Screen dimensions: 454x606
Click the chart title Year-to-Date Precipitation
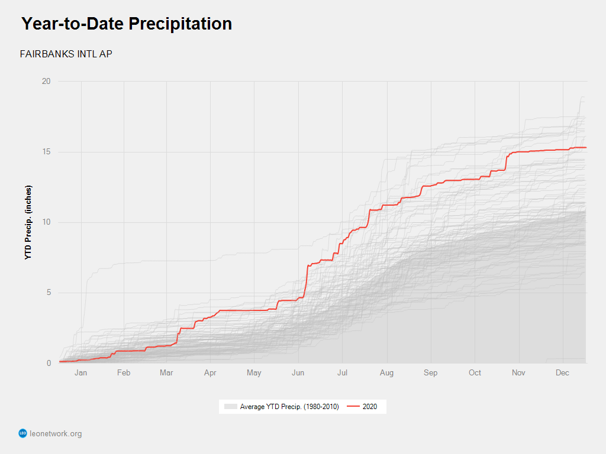pyautogui.click(x=127, y=24)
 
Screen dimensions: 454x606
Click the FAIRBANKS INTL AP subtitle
pyautogui.click(x=66, y=54)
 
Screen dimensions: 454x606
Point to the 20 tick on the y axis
pyautogui.click(x=46, y=82)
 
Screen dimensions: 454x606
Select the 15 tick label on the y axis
pyautogui.click(x=46, y=152)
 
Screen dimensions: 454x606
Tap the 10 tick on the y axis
pyautogui.click(x=46, y=222)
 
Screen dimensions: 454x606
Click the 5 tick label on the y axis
pyautogui.click(x=48, y=293)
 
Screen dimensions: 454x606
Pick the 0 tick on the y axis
pyautogui.click(x=48, y=363)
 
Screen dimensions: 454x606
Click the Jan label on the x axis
pyautogui.click(x=81, y=373)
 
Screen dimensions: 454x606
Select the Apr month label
pyautogui.click(x=211, y=373)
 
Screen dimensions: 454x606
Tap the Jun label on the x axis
pyautogui.click(x=298, y=373)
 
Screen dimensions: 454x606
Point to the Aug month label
pyautogui.click(x=386, y=373)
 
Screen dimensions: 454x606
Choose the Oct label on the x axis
pyautogui.click(x=475, y=373)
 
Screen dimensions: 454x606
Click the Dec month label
pyautogui.click(x=563, y=373)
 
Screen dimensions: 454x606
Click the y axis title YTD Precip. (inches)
pyautogui.click(x=28, y=222)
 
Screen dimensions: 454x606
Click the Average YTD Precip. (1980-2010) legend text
pyautogui.click(x=289, y=407)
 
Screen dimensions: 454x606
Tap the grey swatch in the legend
pyautogui.click(x=230, y=407)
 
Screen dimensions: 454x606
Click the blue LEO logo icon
pyautogui.click(x=23, y=434)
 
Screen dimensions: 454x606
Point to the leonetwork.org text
pyautogui.click(x=56, y=434)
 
